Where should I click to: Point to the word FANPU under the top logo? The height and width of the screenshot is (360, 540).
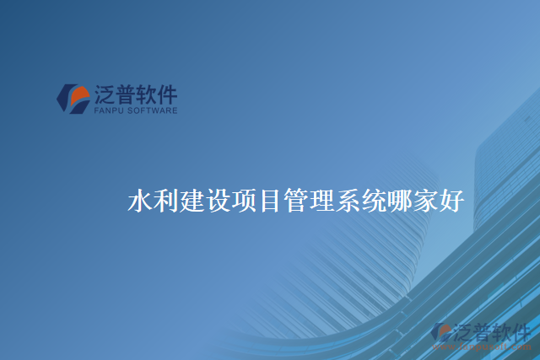[108, 110]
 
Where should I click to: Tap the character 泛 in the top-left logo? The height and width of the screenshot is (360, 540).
[105, 94]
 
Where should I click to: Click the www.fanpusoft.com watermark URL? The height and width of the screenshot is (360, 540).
[481, 345]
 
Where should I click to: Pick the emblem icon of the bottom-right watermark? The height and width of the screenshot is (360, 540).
[440, 332]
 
